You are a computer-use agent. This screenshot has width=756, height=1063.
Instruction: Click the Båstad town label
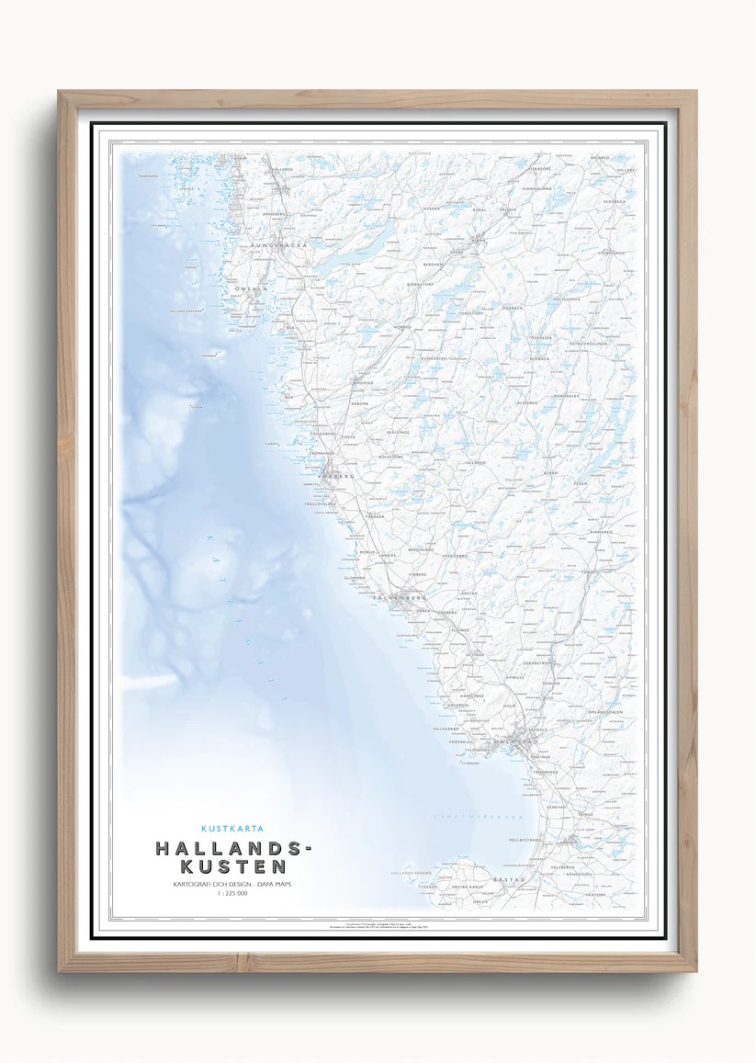pyautogui.click(x=510, y=879)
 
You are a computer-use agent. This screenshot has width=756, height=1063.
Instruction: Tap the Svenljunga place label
pyautogui.click(x=611, y=252)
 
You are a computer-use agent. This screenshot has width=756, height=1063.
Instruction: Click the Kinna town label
pyautogui.click(x=480, y=240)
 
